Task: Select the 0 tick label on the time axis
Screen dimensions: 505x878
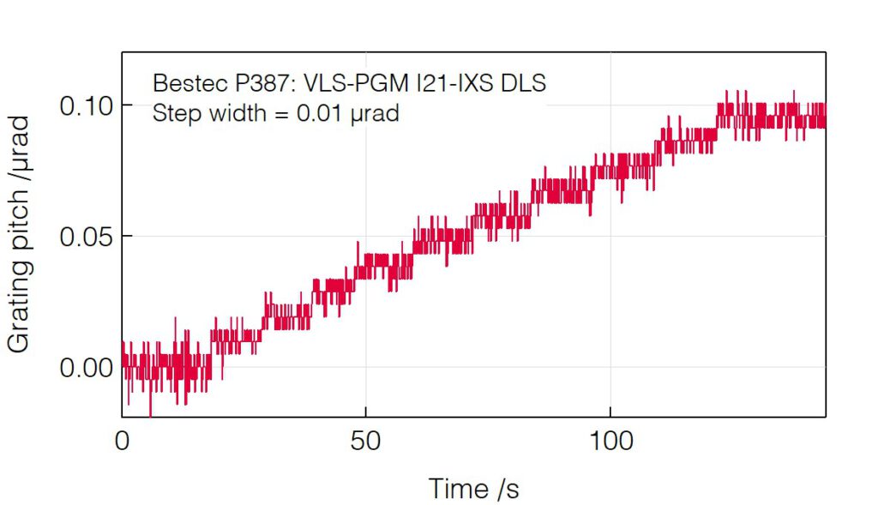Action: pos(123,442)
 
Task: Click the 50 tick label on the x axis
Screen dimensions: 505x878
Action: pos(366,442)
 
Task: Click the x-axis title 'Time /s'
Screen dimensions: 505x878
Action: pos(473,489)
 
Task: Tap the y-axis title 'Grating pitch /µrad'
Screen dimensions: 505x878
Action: pos(20,233)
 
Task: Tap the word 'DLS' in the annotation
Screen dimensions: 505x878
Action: pos(523,84)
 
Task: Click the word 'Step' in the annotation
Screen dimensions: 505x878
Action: pos(173,112)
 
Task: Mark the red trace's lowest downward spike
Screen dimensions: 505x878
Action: pos(151,414)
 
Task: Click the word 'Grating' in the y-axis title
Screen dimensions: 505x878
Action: pos(20,307)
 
